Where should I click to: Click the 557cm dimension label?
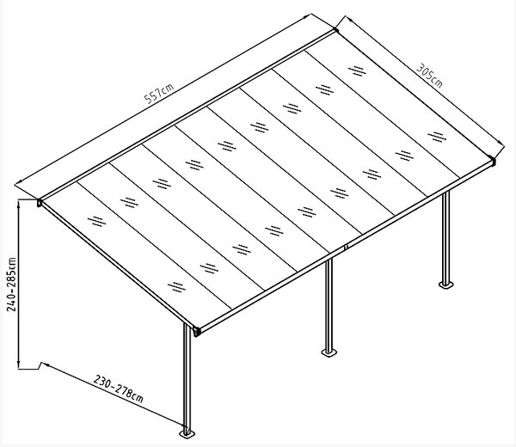(159, 94)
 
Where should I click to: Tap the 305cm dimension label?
(429, 76)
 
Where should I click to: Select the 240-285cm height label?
(11, 285)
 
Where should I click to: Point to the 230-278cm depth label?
(118, 389)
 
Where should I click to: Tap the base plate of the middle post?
(329, 352)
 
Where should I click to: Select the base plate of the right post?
(445, 284)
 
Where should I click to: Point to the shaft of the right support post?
(445, 236)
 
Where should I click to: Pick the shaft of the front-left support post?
(187, 377)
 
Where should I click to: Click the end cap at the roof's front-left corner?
(196, 332)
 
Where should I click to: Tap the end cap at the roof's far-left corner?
(40, 203)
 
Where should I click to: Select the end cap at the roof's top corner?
(335, 29)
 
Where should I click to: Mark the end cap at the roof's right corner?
(492, 161)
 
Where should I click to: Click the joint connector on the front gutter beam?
(346, 247)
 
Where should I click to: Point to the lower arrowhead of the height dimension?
(19, 364)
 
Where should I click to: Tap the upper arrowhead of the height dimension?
(19, 203)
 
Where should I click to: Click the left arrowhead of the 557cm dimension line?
(19, 181)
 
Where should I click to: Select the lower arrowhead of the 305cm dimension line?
(500, 143)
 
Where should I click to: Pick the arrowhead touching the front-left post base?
(182, 424)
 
